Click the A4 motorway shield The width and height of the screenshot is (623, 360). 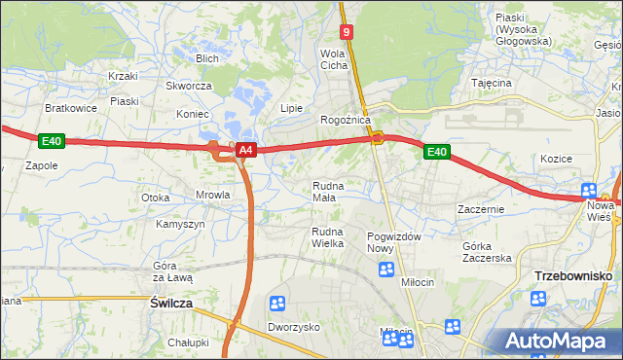click(x=246, y=150)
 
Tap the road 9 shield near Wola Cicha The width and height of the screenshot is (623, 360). click(x=348, y=32)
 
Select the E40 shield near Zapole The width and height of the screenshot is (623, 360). click(x=53, y=142)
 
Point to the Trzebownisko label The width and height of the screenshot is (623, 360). click(x=572, y=276)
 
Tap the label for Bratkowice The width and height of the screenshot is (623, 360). click(x=71, y=108)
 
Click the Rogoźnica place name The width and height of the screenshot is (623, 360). click(x=346, y=120)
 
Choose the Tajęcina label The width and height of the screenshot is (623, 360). click(x=492, y=84)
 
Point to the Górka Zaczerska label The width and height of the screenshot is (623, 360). click(x=487, y=251)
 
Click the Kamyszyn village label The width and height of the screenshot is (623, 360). click(x=180, y=224)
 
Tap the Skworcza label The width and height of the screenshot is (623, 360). click(x=189, y=86)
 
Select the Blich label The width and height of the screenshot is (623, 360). click(x=206, y=58)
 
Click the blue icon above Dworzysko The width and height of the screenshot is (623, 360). click(x=278, y=306)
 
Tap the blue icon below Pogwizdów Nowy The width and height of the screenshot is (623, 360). click(x=386, y=269)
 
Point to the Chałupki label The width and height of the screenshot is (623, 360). click(x=188, y=342)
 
